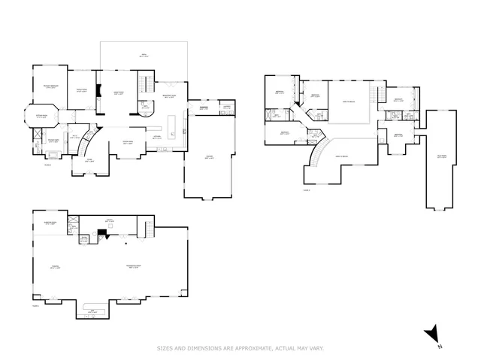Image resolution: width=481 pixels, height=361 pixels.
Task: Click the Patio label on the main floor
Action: click(144, 55)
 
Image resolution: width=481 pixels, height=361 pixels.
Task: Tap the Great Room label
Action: click(118, 93)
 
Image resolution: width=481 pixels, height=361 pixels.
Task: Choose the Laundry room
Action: click(225, 107)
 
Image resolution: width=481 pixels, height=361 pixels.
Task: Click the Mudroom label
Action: click(203, 108)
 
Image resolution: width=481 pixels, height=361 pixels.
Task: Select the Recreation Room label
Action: click(135, 267)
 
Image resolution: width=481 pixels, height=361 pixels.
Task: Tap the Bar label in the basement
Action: click(92, 311)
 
